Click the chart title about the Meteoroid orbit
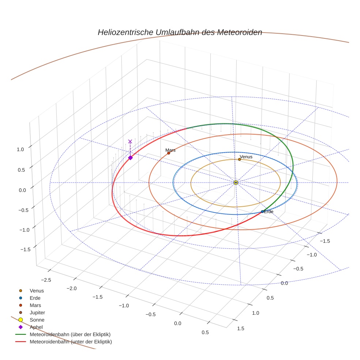click(x=180, y=32)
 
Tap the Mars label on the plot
click(x=170, y=150)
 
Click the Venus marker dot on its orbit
click(x=239, y=159)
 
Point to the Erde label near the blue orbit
click(x=269, y=211)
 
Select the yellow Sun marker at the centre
click(x=236, y=182)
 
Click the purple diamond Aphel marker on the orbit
click(x=130, y=158)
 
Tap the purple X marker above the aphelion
click(x=130, y=141)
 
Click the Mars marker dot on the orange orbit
click(x=169, y=153)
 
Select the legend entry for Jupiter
click(x=37, y=312)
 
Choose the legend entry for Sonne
click(x=37, y=320)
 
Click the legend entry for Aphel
click(x=36, y=327)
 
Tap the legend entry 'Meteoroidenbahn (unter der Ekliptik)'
click(x=71, y=342)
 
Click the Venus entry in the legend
click(x=37, y=290)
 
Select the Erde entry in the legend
click(x=35, y=298)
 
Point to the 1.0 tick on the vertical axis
click(x=20, y=149)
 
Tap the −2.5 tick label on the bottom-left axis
click(x=46, y=280)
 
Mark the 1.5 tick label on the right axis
click(x=241, y=328)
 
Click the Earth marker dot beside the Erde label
click(x=262, y=211)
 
